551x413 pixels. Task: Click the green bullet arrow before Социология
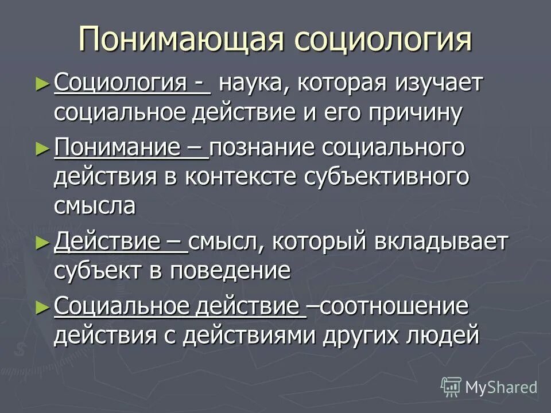[x=40, y=84]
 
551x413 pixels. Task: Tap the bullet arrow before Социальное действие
[x=40, y=307]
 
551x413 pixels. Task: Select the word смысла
[x=95, y=205]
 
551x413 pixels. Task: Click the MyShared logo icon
[x=451, y=387]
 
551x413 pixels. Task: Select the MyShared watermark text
[x=501, y=387]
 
